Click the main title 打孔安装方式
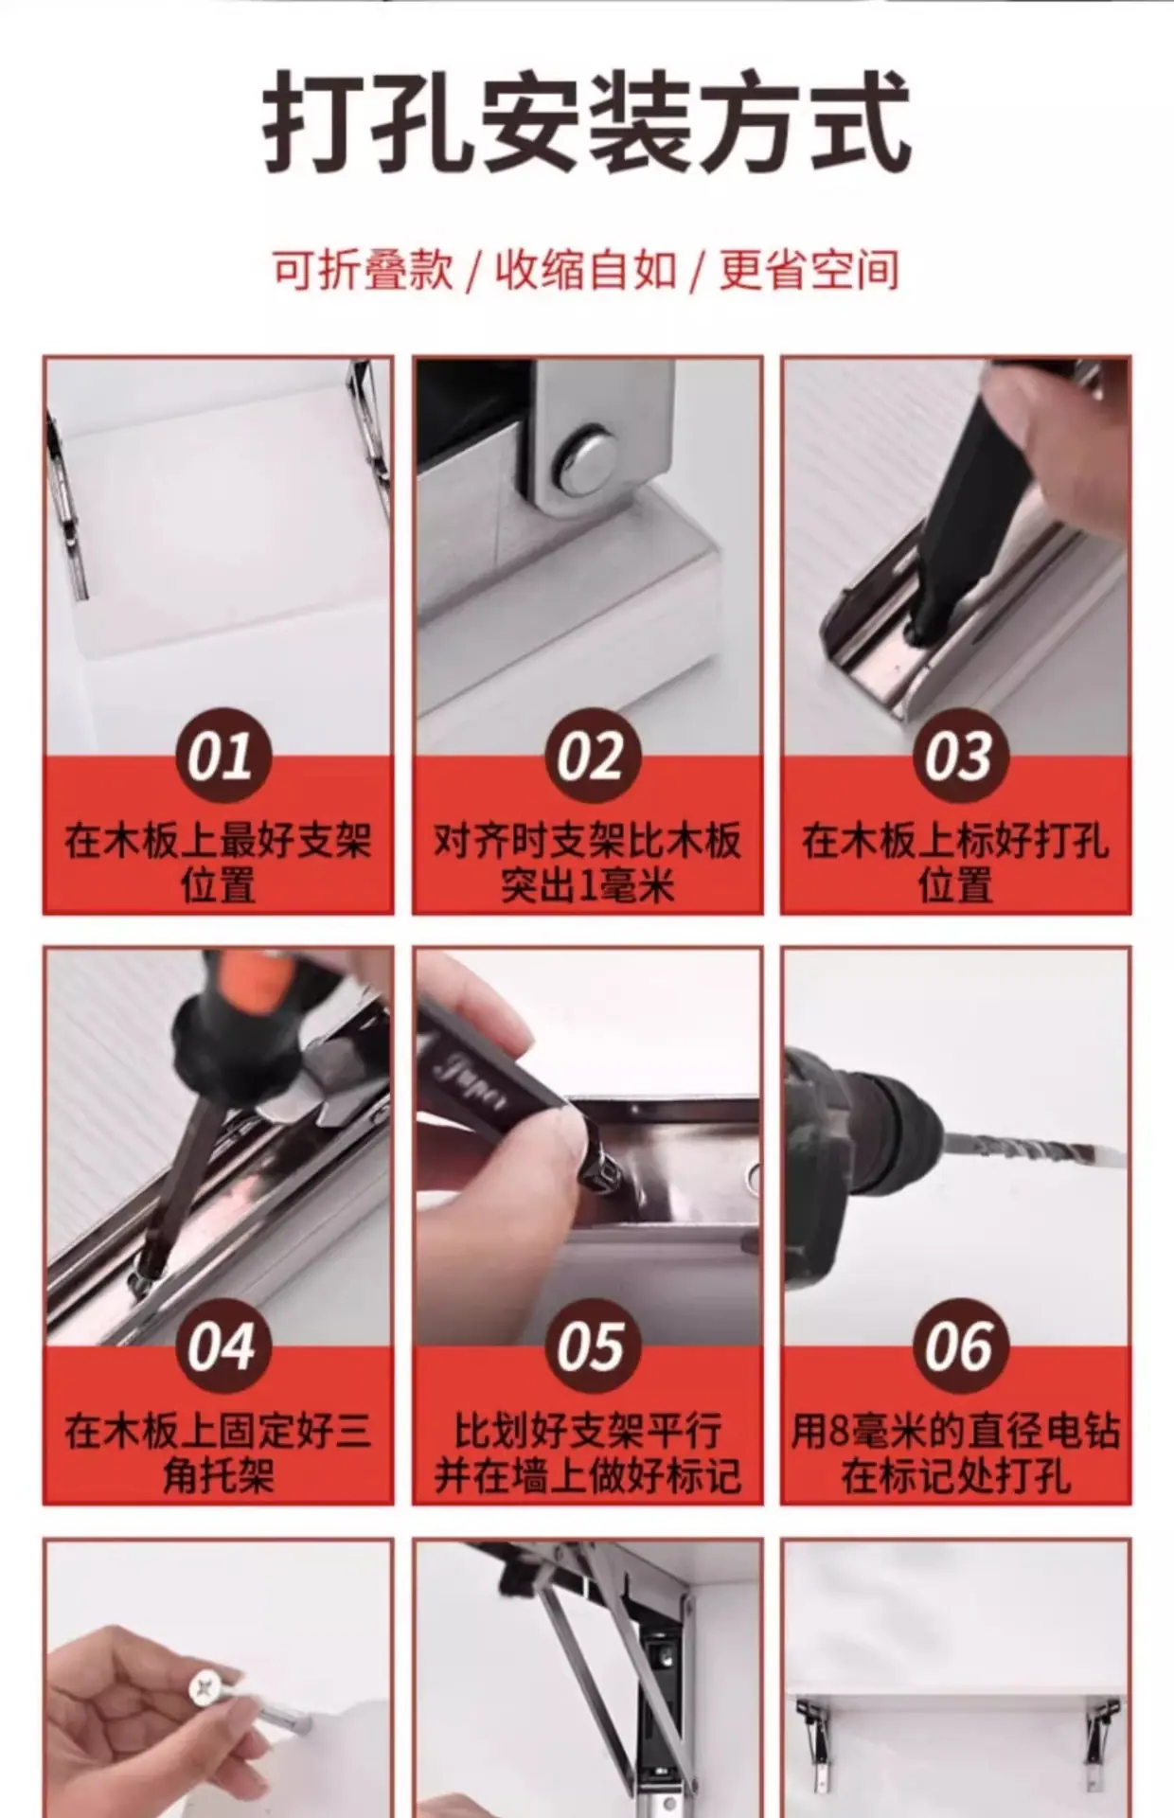point(587,124)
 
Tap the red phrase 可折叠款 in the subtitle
point(364,270)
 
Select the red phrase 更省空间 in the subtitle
point(809,270)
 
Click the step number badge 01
point(219,756)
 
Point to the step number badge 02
point(588,756)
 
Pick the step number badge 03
point(957,756)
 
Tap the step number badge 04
point(219,1346)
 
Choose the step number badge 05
point(588,1346)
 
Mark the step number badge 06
point(957,1346)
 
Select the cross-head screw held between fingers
point(208,1687)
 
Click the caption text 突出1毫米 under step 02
point(588,886)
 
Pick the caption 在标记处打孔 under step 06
point(956,1476)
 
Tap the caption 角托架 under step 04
point(219,1476)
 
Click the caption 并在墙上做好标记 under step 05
point(588,1476)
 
